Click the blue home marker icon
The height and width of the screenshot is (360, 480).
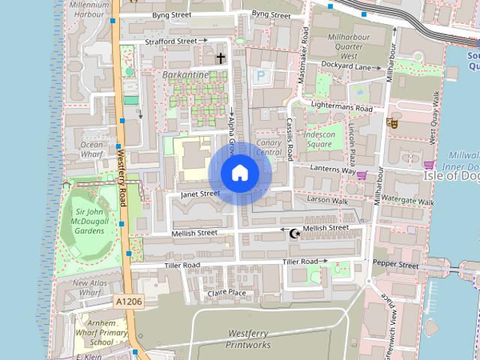pos(239,173)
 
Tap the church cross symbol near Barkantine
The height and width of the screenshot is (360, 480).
pos(220,58)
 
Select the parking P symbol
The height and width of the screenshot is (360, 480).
pos(261,75)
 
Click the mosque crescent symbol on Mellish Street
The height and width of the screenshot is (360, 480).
pos(295,234)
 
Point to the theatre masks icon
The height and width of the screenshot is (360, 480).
pos(391,122)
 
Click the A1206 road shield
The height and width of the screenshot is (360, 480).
pos(128,301)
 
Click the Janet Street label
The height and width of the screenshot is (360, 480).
pos(199,193)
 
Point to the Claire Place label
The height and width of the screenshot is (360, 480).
pos(226,292)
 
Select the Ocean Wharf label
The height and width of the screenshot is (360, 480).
pos(91,149)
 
